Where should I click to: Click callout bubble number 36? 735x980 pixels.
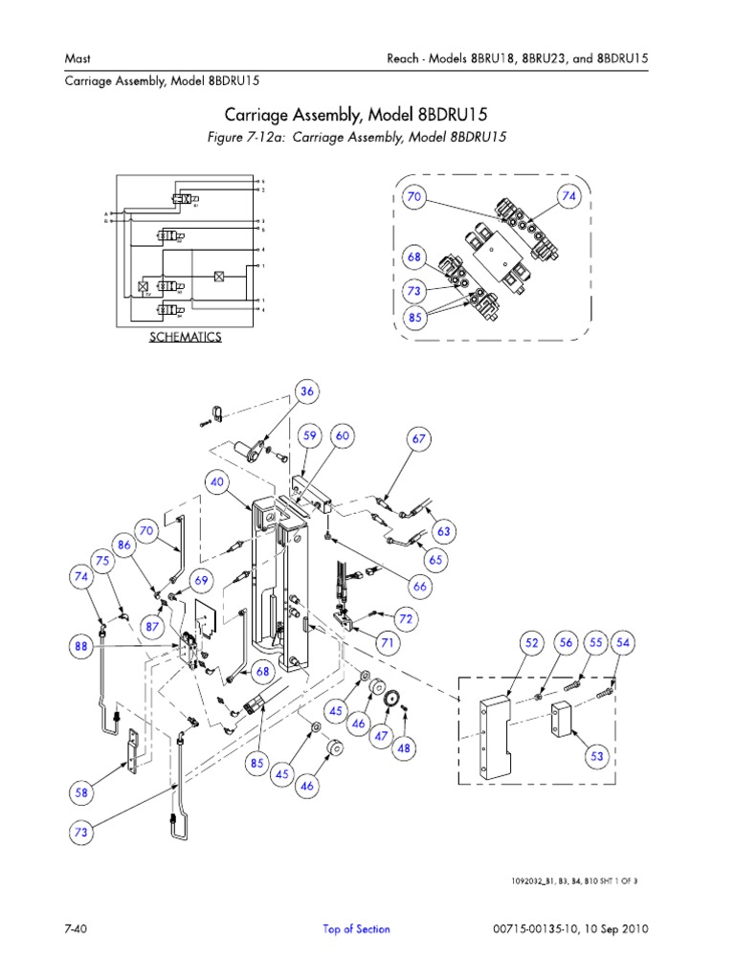pyautogui.click(x=307, y=390)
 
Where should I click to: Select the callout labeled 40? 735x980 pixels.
pyautogui.click(x=217, y=483)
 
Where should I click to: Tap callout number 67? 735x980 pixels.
pyautogui.click(x=418, y=438)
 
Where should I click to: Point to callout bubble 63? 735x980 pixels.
pyautogui.click(x=442, y=530)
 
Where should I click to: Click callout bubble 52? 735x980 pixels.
pyautogui.click(x=533, y=644)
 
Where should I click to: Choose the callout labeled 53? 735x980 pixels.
pyautogui.click(x=598, y=756)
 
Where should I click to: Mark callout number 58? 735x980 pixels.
pyautogui.click(x=81, y=791)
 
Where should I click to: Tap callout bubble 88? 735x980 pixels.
pyautogui.click(x=80, y=647)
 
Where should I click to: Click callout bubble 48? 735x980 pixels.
pyautogui.click(x=405, y=749)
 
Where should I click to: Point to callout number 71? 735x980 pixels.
pyautogui.click(x=387, y=644)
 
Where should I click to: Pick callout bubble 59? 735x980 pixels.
pyautogui.click(x=309, y=436)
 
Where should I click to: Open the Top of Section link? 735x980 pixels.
pyautogui.click(x=356, y=928)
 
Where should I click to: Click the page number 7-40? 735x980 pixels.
pyautogui.click(x=78, y=928)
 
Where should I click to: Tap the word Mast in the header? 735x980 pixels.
pyautogui.click(x=77, y=58)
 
